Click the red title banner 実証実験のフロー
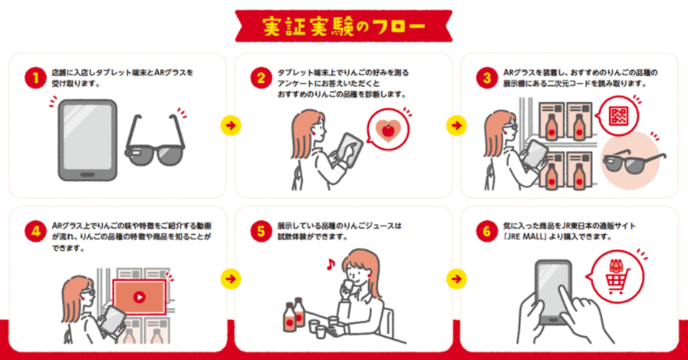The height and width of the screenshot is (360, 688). (343, 26)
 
